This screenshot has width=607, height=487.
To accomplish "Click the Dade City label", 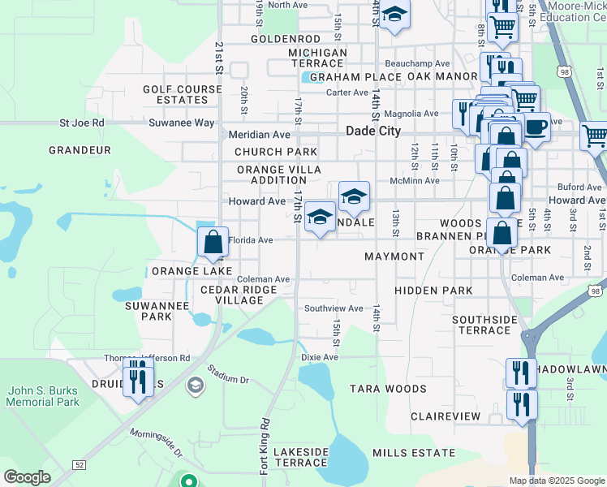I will (373, 131).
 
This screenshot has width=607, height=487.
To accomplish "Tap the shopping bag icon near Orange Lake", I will (213, 242).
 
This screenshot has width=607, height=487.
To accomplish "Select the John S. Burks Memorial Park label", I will (43, 396).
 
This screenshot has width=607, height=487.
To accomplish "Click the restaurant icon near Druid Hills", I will (138, 378).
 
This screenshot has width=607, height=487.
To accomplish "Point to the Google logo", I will (27, 477).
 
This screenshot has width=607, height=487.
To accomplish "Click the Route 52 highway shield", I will (79, 464).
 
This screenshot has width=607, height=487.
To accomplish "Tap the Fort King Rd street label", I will (264, 446).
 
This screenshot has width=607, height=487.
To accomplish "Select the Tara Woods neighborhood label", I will (388, 389).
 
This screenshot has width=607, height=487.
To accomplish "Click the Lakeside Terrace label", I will (300, 457).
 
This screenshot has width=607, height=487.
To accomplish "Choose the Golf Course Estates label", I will (182, 94).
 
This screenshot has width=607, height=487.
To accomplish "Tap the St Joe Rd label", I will (82, 123).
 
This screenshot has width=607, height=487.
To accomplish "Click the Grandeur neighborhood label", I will (80, 150).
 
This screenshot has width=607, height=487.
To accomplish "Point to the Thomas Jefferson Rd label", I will (146, 357).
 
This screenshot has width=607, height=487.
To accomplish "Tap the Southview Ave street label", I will (334, 308).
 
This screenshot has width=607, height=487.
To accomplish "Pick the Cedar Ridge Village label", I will (232, 295).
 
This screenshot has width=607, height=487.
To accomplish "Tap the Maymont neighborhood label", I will (394, 256).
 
